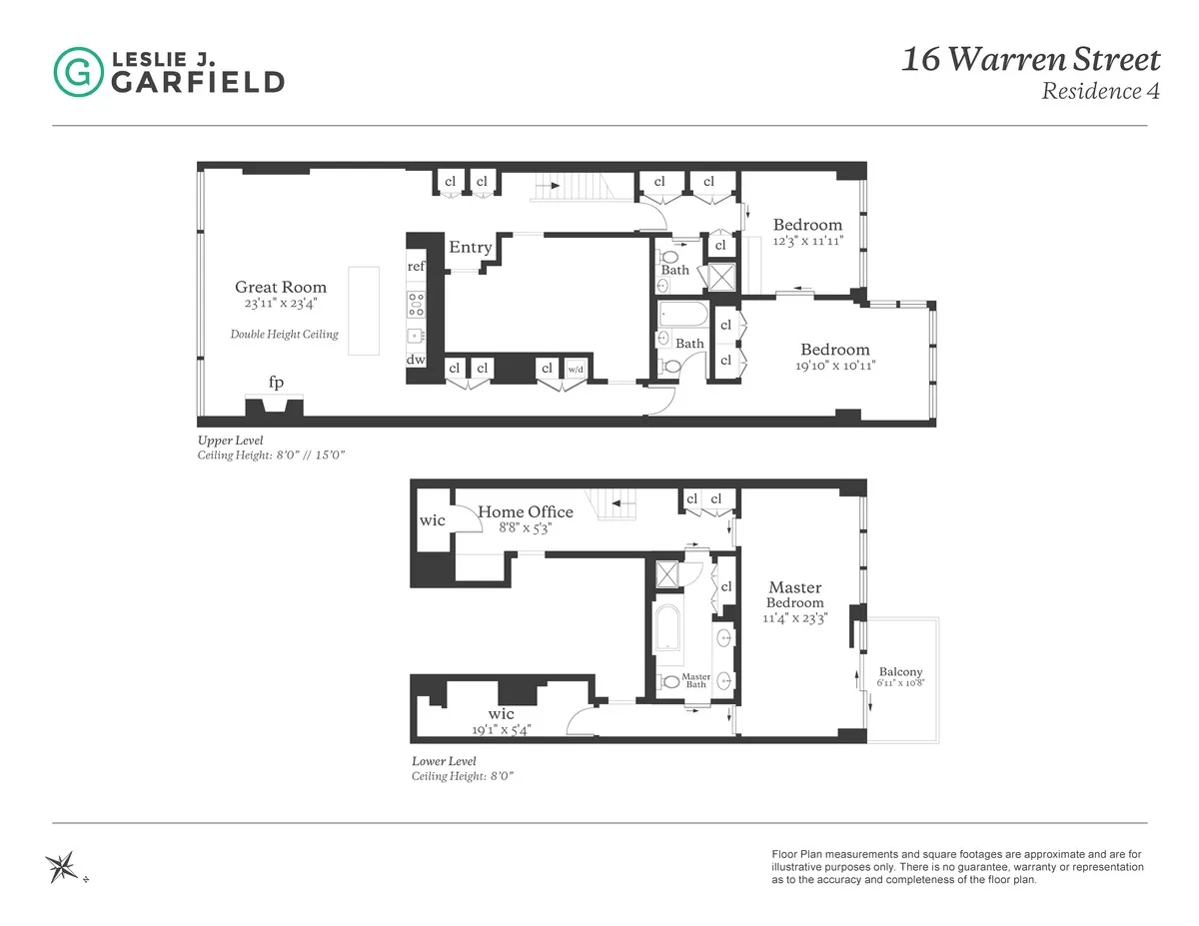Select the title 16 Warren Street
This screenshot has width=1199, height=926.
point(1031,60)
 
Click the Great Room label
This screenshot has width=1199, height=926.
point(281,288)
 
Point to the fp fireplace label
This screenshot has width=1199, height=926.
point(275,383)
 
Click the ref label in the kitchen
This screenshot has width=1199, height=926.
point(417,267)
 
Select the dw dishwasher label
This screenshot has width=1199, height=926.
point(416,360)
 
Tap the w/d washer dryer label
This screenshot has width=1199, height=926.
point(577,368)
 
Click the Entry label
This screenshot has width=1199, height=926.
point(470,248)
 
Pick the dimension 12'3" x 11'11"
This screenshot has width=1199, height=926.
point(808,241)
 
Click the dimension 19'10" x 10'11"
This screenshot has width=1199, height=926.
point(834,365)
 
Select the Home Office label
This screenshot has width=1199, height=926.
point(525,512)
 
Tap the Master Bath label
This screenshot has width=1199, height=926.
point(696,680)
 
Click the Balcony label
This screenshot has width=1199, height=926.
point(900,672)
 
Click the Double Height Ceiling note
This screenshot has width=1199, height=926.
point(284,335)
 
